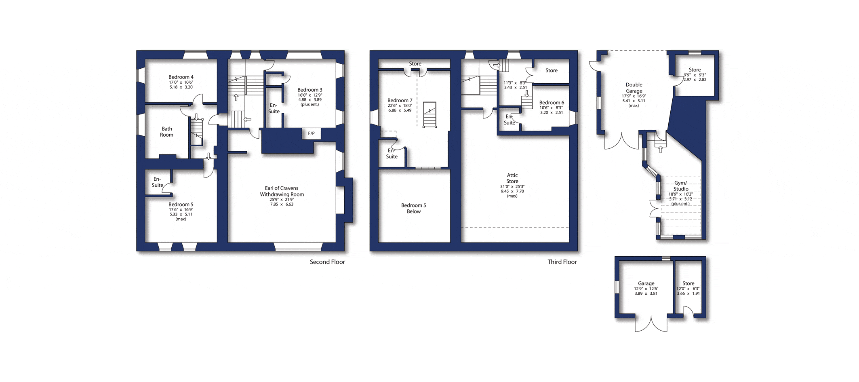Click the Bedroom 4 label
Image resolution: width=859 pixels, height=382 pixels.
click(181, 77)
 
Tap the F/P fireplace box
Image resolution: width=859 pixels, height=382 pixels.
click(312, 134)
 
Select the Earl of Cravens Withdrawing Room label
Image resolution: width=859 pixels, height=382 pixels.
click(282, 191)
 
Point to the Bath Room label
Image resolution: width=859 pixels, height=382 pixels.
click(166, 132)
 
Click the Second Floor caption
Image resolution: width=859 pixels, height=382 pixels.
click(327, 262)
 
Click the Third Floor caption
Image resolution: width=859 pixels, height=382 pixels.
click(562, 262)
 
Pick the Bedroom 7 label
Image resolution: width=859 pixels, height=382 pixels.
click(400, 101)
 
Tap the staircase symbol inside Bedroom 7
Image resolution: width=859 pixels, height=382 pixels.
click(429, 115)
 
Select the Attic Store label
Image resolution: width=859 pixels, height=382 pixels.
click(512, 178)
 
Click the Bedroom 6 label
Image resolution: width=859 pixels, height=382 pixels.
click(552, 103)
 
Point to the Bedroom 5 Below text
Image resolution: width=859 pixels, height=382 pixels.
click(413, 208)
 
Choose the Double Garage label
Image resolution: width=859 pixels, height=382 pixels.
click(634, 88)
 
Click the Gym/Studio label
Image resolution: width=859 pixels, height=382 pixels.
click(681, 186)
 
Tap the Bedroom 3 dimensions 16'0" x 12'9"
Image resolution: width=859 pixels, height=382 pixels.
click(310, 95)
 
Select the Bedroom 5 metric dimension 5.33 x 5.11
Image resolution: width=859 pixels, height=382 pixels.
click(181, 214)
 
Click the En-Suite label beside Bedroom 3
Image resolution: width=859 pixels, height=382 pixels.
click(274, 108)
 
